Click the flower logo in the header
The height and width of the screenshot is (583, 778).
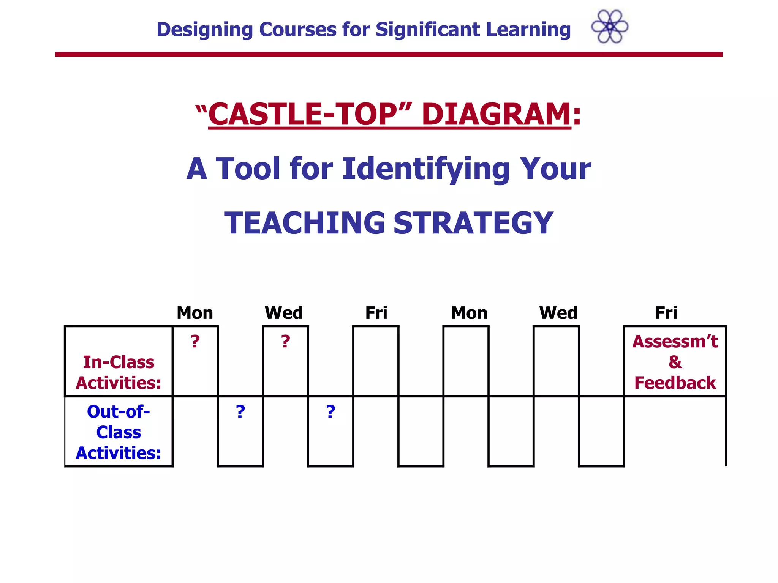click(610, 27)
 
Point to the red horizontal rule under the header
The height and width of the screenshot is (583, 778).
click(389, 55)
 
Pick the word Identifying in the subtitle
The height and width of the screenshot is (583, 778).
click(426, 169)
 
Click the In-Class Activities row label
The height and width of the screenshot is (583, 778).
click(119, 372)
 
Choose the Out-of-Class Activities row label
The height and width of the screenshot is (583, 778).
click(119, 432)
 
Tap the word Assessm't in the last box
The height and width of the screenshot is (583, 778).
click(675, 342)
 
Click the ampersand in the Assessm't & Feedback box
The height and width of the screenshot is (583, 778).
click(675, 362)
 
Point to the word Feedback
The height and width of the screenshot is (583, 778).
click(675, 383)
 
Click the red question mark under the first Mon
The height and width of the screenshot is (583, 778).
click(195, 342)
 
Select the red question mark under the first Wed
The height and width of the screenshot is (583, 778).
click(286, 342)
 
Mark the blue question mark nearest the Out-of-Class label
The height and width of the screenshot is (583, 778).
click(240, 412)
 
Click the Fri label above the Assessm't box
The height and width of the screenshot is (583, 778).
click(666, 313)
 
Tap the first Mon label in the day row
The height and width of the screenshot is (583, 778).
click(195, 313)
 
